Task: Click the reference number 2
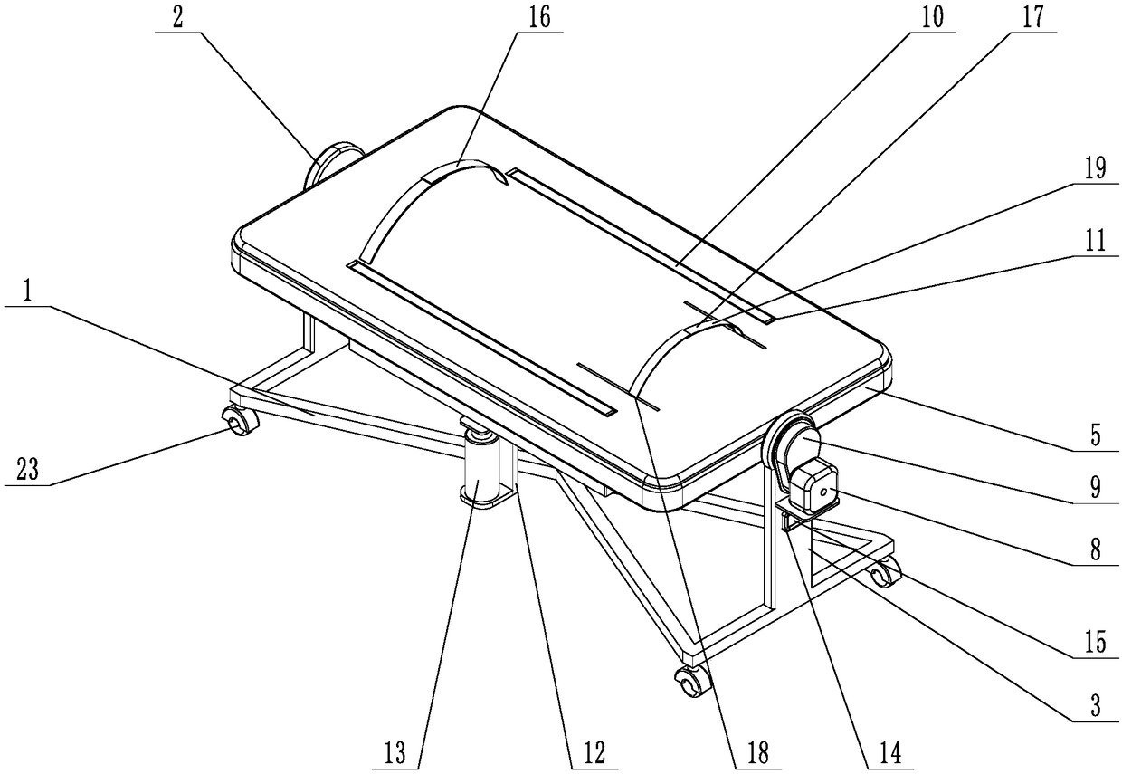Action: [x=177, y=19]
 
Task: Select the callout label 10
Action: [x=932, y=19]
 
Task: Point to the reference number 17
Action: [x=1033, y=19]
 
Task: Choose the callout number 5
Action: [x=1096, y=436]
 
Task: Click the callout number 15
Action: [x=1096, y=642]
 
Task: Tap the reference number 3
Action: [x=1098, y=708]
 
